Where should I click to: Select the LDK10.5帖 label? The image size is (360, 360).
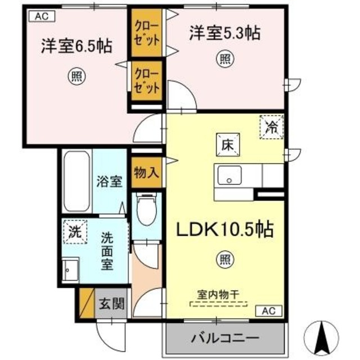225,229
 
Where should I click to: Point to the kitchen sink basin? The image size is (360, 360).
228,175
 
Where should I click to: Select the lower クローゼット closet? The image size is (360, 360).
147,80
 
